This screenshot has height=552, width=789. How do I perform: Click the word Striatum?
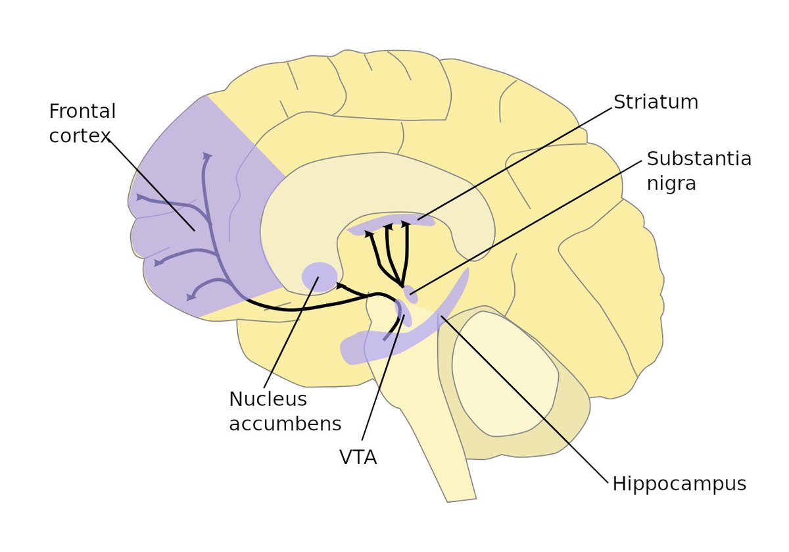tap(655, 102)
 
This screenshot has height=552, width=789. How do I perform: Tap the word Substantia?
tap(698, 159)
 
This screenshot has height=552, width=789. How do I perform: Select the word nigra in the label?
tap(671, 183)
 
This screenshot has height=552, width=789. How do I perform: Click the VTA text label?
tap(358, 457)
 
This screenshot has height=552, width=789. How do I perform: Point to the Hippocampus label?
tap(679, 484)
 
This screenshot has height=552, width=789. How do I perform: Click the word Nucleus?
tap(268, 399)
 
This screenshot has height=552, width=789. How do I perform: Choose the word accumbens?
tap(285, 424)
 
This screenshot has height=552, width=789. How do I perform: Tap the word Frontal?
tap(82, 111)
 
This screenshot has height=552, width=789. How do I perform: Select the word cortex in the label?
tap(79, 137)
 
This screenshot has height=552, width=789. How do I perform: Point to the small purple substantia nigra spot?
tap(411, 293)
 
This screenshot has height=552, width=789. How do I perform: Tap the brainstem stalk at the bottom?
tap(447, 461)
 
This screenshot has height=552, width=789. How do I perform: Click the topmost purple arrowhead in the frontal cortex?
tap(208, 157)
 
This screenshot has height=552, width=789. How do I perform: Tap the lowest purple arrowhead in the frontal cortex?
tap(190, 297)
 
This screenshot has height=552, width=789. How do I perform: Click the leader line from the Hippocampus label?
tap(526, 401)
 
